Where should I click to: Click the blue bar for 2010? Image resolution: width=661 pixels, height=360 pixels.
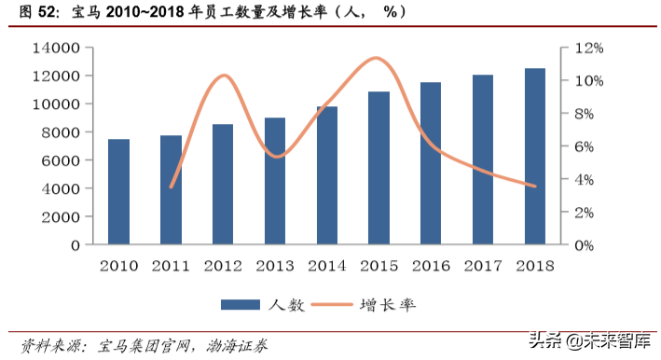point(118,192)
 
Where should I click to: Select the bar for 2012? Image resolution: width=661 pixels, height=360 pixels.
point(223,185)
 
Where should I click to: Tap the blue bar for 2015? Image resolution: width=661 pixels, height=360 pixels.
point(379,168)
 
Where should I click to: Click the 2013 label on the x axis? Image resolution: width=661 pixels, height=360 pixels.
point(275,266)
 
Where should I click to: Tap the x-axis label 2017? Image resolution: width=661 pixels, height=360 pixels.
point(483,266)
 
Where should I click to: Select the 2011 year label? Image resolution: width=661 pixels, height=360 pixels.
point(171,266)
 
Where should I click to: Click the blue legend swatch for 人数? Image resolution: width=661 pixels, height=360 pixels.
point(241,305)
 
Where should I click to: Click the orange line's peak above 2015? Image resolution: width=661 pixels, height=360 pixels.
point(376,58)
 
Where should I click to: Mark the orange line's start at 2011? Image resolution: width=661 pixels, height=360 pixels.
point(171,187)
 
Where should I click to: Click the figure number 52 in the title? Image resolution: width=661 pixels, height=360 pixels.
point(48,13)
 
